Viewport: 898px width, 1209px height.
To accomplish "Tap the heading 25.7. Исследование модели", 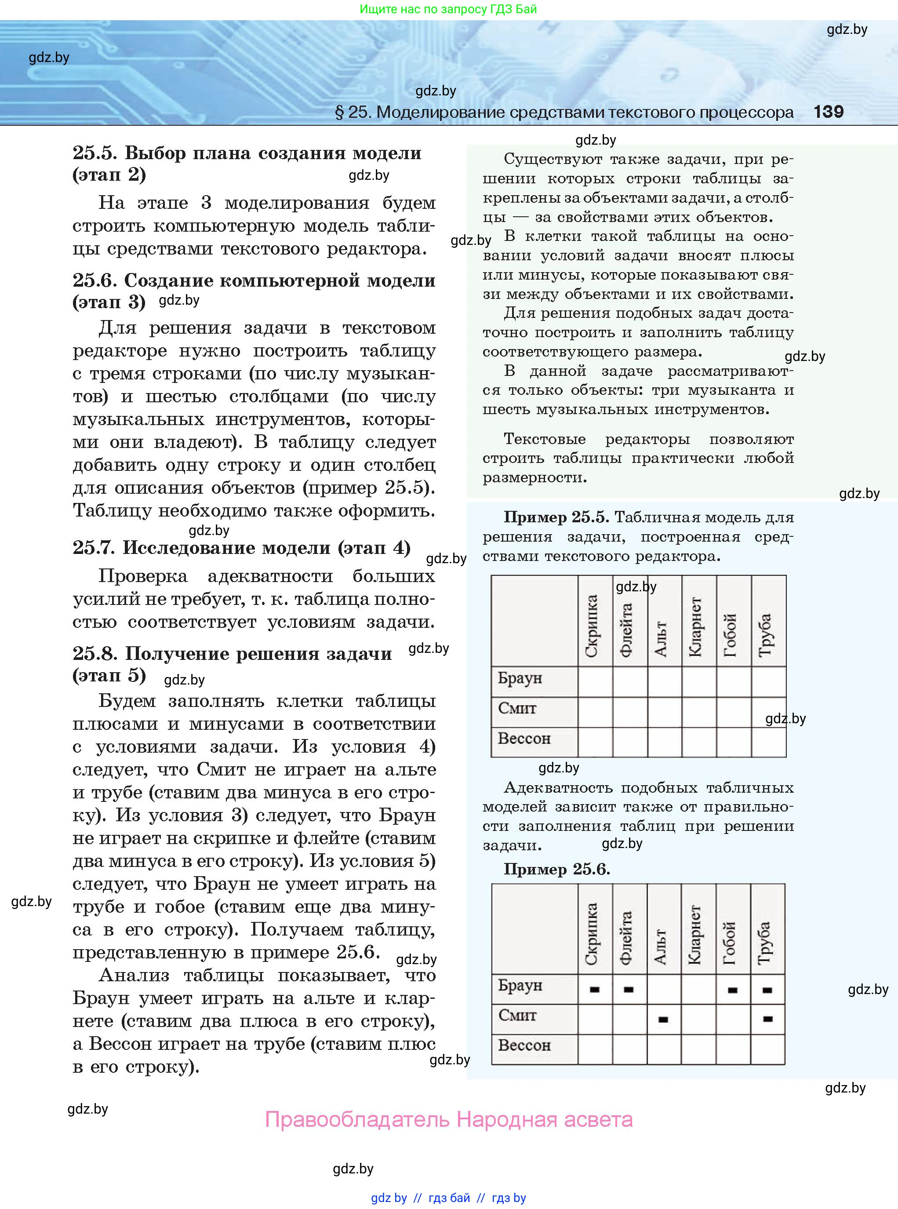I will [x=241, y=547].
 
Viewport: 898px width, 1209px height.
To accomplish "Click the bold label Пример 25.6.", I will [x=556, y=869].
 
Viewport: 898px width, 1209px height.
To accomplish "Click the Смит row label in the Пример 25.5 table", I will [x=517, y=709].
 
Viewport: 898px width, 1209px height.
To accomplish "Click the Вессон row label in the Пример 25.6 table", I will [x=524, y=1045].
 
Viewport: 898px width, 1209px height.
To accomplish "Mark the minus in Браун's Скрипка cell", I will [x=594, y=989].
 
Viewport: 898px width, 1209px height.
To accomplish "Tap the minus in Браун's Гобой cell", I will [x=732, y=989].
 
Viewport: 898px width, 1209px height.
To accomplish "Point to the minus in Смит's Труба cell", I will [x=767, y=1019].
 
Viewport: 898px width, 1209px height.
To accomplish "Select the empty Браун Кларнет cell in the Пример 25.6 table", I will [x=698, y=989].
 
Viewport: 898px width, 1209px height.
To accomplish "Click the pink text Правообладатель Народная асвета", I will [x=448, y=1119].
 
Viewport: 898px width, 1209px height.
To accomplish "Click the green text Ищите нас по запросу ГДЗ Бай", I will [x=448, y=9].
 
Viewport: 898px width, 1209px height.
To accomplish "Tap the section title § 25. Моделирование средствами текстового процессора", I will [x=564, y=113].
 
